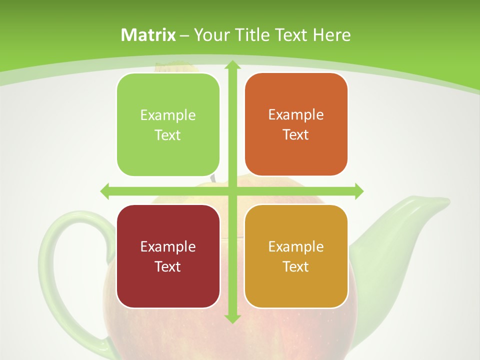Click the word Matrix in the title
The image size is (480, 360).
[148, 35]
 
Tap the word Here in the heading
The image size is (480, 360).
[332, 35]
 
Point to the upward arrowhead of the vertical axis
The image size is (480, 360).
[232, 64]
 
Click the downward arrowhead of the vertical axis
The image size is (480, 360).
[232, 318]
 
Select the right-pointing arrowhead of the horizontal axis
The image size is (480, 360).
[358, 191]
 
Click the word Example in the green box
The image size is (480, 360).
[168, 115]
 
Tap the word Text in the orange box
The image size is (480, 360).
[296, 135]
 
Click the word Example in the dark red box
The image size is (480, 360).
[168, 246]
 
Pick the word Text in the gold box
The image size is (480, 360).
[296, 266]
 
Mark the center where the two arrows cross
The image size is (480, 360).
[232, 191]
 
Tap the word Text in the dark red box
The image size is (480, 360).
[168, 266]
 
